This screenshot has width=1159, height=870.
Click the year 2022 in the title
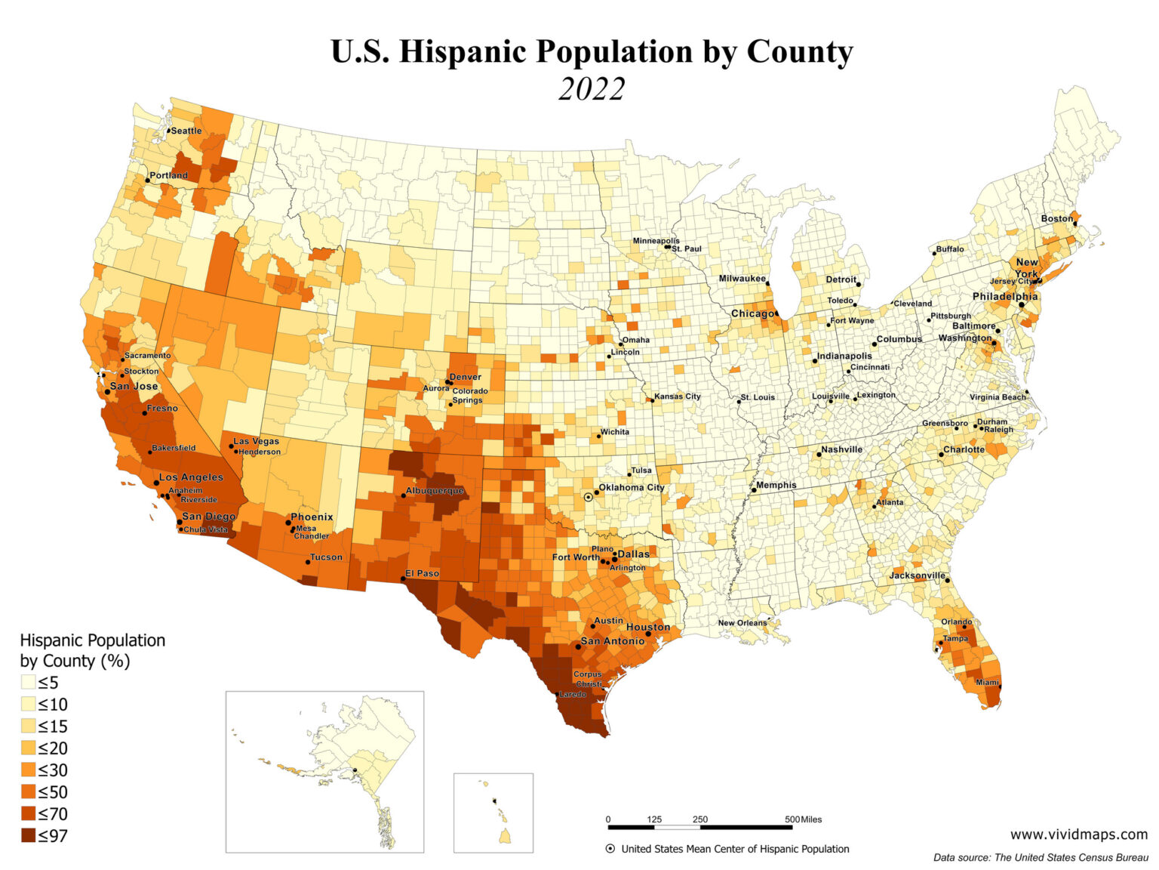tap(592, 89)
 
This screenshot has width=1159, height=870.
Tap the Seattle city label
tap(186, 131)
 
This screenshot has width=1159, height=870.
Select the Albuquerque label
tap(435, 491)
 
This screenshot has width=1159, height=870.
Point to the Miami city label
tap(986, 682)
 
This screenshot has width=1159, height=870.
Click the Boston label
tap(1056, 219)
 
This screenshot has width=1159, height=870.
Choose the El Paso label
tap(422, 573)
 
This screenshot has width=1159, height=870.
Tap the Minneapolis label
tap(656, 241)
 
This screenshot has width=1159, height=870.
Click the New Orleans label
tap(742, 623)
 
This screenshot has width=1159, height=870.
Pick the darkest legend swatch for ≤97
tap(28, 836)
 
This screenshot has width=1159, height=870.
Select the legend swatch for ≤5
tap(28, 683)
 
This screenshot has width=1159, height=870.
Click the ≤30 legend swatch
tap(28, 770)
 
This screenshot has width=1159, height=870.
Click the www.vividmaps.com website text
tap(1078, 835)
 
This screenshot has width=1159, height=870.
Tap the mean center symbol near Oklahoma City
tap(588, 497)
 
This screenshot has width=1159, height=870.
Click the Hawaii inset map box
tap(493, 813)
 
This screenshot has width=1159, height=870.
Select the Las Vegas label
tap(256, 441)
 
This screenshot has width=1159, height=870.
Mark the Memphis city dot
tap(754, 490)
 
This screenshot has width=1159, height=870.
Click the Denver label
tap(465, 377)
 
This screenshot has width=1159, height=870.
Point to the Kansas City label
tap(677, 396)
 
